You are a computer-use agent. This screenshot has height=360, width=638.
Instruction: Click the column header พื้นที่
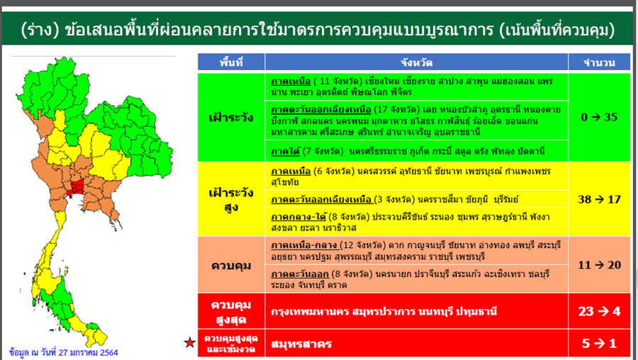click(231, 62)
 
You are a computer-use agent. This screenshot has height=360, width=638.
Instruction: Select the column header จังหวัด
click(416, 62)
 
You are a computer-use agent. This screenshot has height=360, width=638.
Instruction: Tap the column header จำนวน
click(599, 62)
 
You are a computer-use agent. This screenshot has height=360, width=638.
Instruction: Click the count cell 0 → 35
click(599, 117)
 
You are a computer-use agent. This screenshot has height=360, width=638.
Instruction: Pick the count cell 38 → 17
click(599, 199)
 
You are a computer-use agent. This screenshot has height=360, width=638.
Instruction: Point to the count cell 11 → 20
click(599, 265)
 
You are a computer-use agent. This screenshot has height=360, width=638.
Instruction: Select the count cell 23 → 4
click(599, 311)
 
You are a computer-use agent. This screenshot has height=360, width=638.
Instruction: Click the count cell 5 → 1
click(599, 343)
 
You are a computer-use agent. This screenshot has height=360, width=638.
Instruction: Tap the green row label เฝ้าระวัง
click(231, 118)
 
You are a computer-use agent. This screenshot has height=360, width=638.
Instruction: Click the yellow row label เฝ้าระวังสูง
click(231, 200)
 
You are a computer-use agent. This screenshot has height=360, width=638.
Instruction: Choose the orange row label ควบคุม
click(231, 266)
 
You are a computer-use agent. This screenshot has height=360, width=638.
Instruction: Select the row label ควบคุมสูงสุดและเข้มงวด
click(231, 344)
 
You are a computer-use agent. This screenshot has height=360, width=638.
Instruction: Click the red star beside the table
click(189, 342)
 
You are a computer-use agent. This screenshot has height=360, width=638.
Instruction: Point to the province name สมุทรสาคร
click(301, 344)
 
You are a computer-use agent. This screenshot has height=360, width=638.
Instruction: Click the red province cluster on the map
click(77, 186)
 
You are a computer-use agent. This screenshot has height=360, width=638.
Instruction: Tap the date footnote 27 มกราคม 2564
click(89, 352)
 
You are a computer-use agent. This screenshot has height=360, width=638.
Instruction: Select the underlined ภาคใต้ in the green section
click(286, 152)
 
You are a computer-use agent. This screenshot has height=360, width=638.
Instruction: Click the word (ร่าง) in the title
click(40, 30)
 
